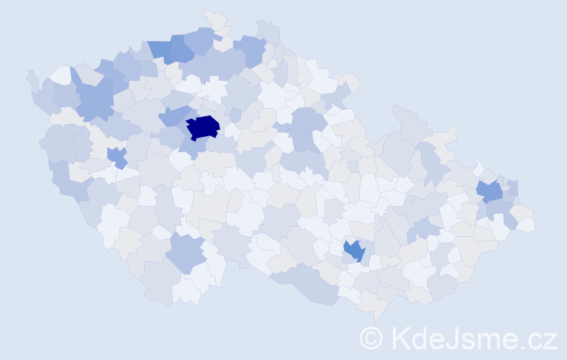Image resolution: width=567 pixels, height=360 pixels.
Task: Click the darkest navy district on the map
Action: click(202, 127)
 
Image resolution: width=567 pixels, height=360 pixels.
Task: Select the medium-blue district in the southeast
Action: click(353, 250)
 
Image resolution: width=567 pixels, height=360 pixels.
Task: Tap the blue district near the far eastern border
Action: click(490, 191)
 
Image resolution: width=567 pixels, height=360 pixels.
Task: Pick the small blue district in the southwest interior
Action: click(117, 155)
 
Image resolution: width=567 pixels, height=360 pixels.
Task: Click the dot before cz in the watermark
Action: click(523, 344)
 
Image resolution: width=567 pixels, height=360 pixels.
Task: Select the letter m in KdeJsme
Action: click(490, 339)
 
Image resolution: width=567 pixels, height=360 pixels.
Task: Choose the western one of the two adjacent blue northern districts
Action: click(161, 50)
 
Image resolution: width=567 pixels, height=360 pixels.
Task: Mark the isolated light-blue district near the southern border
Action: click(186, 253)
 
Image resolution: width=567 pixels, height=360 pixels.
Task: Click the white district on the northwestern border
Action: click(61, 75)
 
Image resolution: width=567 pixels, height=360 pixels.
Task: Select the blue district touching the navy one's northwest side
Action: click(174, 115)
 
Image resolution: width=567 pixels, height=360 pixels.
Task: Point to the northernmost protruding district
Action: click(214, 17)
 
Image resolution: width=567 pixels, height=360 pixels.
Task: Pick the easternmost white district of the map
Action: click(525, 224)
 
